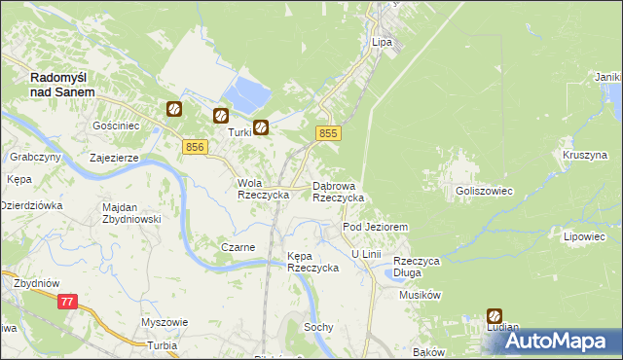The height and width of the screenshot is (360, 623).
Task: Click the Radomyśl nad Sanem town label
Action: click(62, 84)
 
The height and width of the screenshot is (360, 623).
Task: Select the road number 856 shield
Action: click(194, 146)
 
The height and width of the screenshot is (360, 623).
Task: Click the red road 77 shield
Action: click(67, 303)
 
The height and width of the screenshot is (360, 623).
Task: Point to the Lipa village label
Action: click(382, 43)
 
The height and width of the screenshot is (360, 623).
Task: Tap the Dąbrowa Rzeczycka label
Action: click(338, 191)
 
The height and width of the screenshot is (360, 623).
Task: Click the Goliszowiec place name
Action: click(484, 192)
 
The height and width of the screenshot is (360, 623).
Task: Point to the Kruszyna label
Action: click(584, 155)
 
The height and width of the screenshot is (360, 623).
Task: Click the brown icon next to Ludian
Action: click(495, 316)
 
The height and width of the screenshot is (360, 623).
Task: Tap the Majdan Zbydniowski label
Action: click(131, 213)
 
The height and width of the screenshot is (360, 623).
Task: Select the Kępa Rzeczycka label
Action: click(312, 262)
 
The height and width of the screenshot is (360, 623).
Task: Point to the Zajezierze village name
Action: click(114, 157)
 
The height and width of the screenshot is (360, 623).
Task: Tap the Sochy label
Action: click(318, 327)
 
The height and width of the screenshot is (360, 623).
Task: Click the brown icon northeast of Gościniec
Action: click(174, 110)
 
